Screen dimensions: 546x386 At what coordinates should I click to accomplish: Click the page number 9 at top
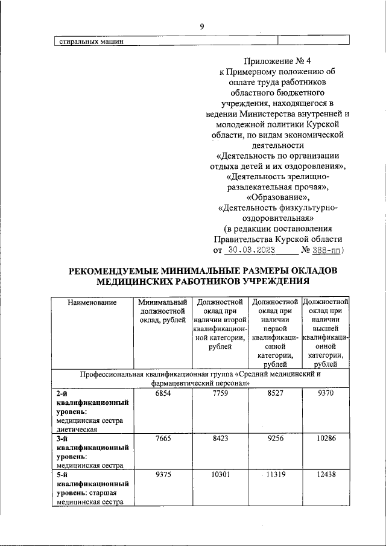202,26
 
